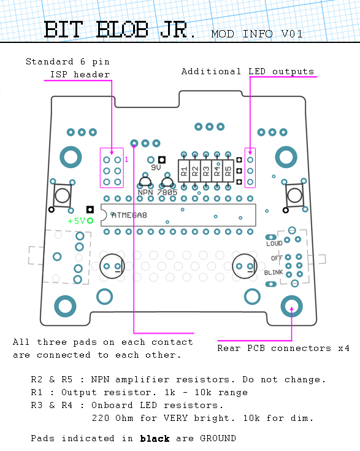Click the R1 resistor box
coord(184,171)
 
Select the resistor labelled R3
coord(206,171)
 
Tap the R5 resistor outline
coord(228,171)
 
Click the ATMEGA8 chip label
coord(129,215)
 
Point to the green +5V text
coord(76,221)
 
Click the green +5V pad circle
coord(90,221)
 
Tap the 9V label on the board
coord(156,168)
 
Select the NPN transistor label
coord(145,193)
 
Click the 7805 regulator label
coord(167,193)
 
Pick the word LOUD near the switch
coord(274,244)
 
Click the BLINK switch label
coord(274,272)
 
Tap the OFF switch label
coord(277,258)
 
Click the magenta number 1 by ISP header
coord(126,160)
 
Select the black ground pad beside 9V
coord(162,160)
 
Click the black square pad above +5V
coord(90,209)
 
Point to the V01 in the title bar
coord(292,34)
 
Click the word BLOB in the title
coord(122,29)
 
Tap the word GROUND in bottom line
coord(218,438)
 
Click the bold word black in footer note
coord(155,439)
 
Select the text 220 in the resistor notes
coord(101,418)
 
